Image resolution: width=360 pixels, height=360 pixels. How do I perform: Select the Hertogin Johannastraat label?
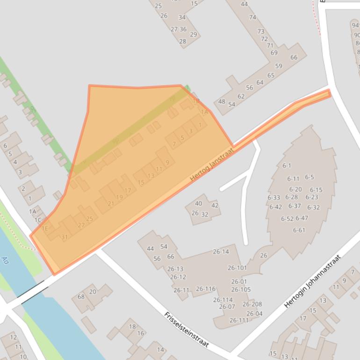313,281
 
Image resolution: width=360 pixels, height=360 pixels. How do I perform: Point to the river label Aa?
5,260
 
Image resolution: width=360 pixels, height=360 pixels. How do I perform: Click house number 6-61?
299,230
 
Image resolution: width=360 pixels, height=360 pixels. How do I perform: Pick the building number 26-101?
237,268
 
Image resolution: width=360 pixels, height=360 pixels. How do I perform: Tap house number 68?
81,297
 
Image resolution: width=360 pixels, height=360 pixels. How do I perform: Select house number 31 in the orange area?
65,237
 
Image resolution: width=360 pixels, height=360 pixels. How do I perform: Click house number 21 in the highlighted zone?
111,204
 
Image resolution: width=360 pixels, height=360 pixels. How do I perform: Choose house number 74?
252,17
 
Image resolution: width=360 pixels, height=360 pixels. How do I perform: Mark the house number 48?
222,101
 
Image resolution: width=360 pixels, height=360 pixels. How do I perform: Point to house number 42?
215,205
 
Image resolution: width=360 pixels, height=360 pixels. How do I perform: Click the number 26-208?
252,304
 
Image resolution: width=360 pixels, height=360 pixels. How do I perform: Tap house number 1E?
45,229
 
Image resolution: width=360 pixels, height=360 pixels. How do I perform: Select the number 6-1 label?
287,166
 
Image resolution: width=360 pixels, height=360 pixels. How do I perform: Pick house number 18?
132,326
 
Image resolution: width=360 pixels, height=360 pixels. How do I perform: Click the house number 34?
182,18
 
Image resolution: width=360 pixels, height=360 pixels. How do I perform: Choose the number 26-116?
206,289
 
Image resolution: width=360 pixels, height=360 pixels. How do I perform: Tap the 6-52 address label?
287,219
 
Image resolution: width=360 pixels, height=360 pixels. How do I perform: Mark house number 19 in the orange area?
119,197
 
